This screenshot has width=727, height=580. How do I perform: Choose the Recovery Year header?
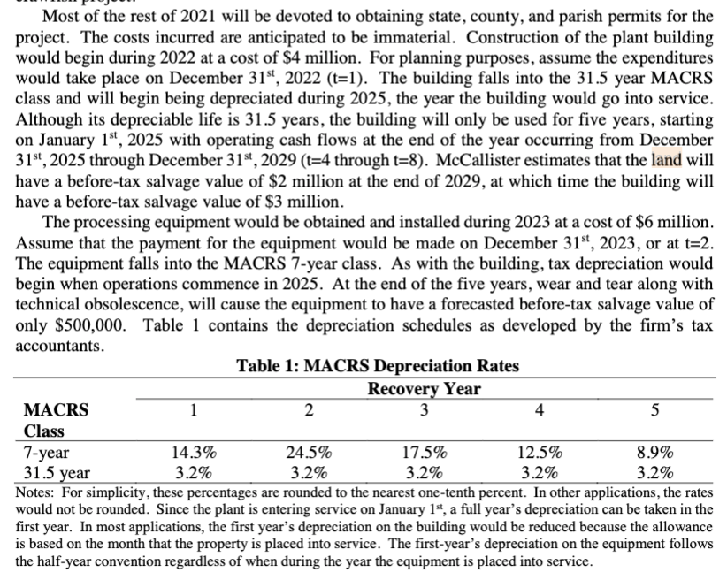point(424,389)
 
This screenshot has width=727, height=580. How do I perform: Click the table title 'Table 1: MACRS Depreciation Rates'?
point(378,366)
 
